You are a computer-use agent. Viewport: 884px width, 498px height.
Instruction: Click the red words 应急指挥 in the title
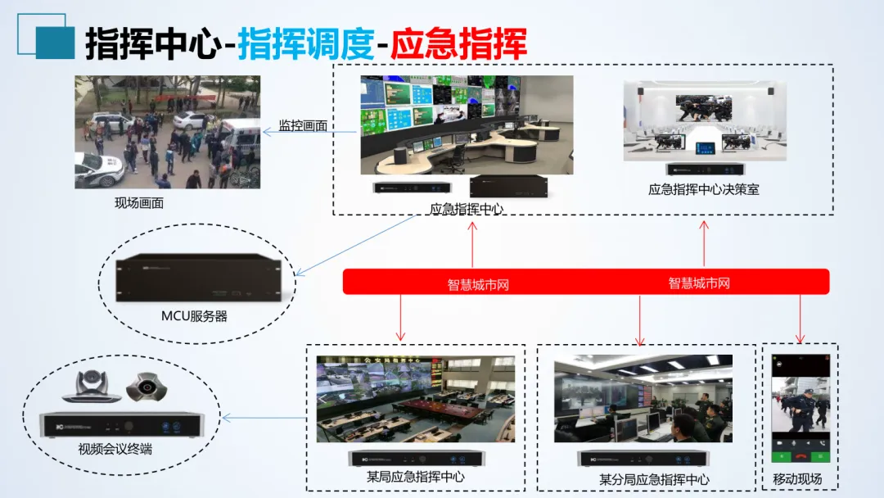point(458,43)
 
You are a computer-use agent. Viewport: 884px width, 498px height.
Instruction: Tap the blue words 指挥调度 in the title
point(306,43)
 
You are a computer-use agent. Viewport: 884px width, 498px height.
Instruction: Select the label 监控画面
point(303,126)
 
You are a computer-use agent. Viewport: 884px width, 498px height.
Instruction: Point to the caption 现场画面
point(139,202)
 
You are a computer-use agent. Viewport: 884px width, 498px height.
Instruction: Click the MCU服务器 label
point(194,315)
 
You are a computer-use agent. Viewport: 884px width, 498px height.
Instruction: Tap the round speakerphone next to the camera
point(147,387)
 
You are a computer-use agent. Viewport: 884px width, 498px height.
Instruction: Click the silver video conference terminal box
point(120,424)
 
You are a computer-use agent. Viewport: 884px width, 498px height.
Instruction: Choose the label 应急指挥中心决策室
point(704,189)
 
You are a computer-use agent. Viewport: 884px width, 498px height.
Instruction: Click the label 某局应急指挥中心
point(416,477)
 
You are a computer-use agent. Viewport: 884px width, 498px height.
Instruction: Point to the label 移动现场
point(797,479)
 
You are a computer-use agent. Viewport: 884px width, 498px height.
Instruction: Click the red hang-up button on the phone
point(801,456)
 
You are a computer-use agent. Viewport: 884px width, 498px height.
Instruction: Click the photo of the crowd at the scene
point(168,132)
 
